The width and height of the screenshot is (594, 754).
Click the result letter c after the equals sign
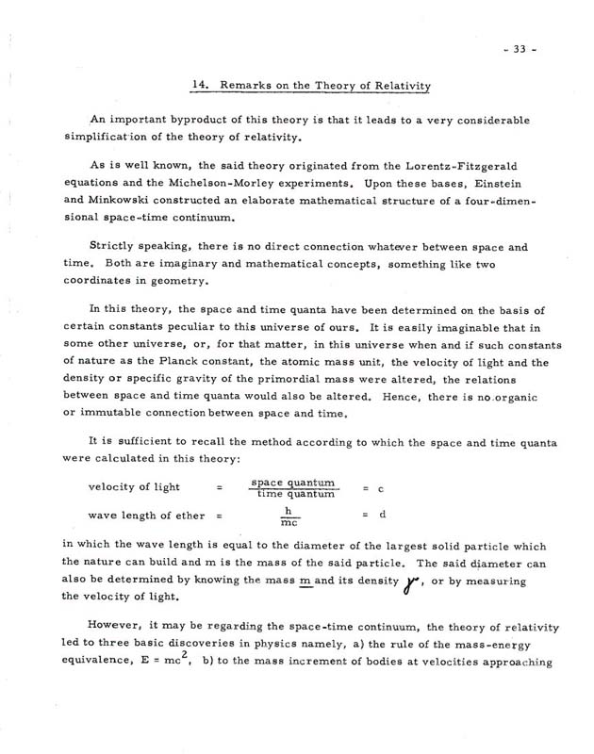coord(378,492)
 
